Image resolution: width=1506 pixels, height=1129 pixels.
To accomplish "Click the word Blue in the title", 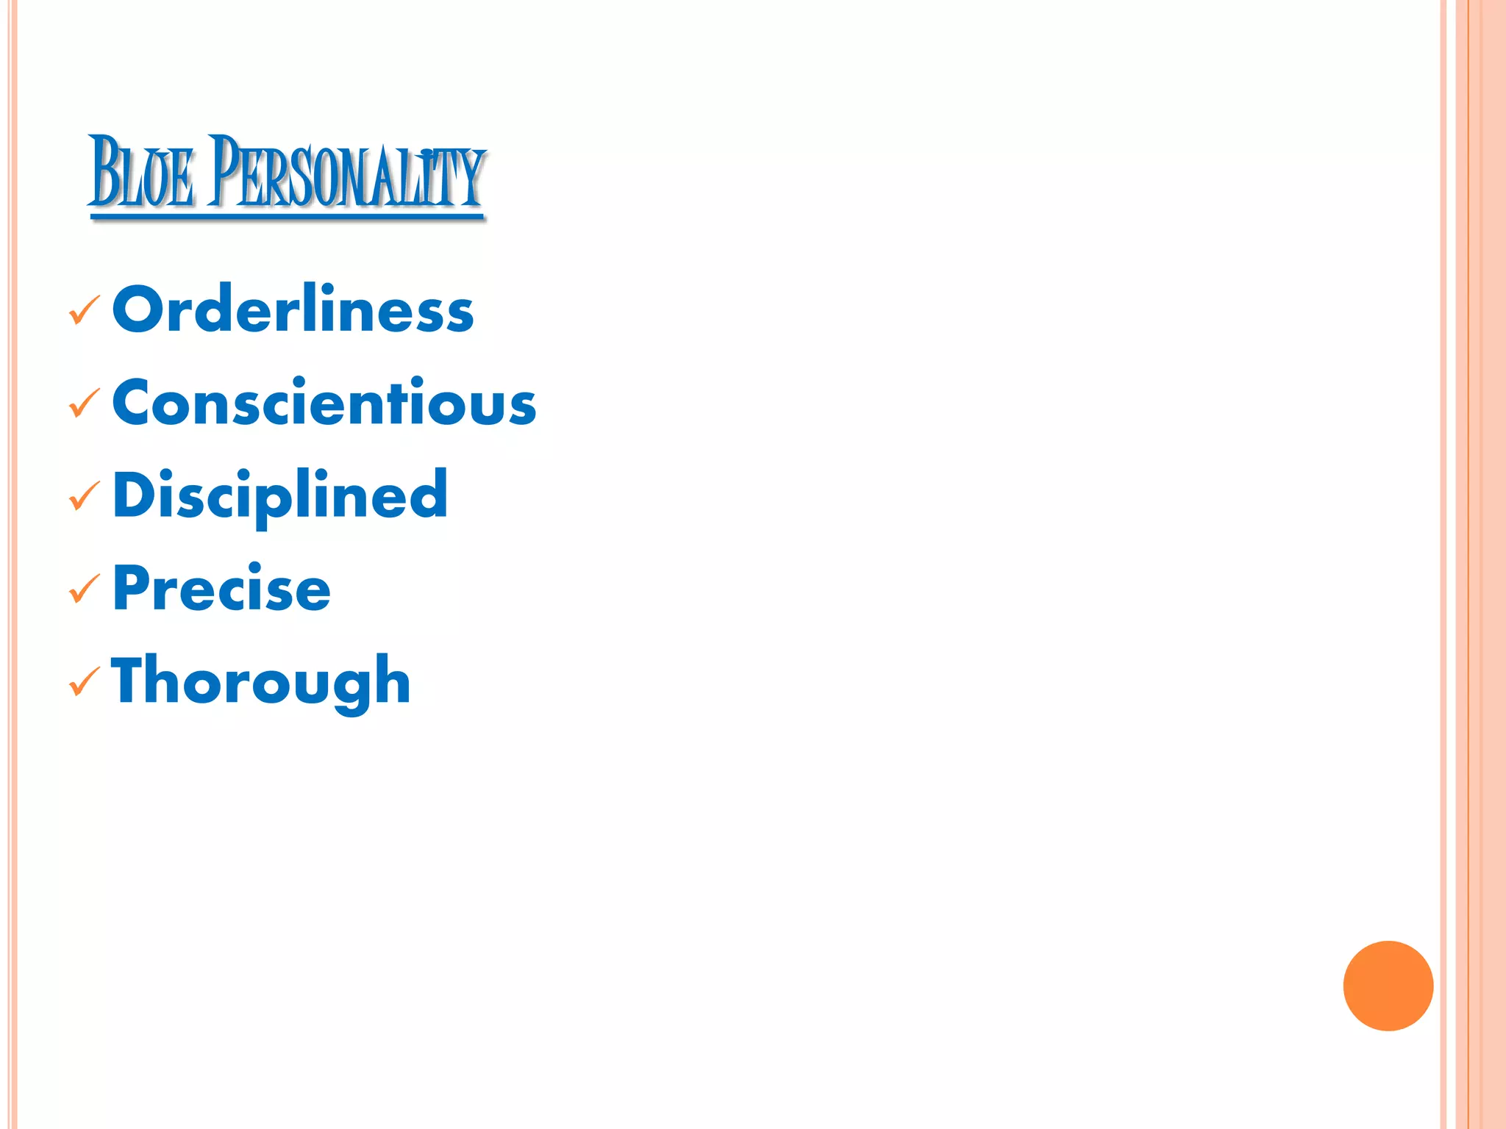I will tap(142, 173).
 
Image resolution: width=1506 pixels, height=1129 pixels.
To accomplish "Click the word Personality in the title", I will tap(346, 173).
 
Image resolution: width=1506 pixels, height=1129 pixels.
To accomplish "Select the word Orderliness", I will tap(293, 309).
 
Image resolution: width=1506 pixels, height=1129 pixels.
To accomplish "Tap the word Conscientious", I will tap(324, 402).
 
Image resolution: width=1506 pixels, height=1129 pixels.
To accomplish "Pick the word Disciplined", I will tap(280, 495).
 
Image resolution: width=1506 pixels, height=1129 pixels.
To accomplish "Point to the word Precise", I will tap(221, 588).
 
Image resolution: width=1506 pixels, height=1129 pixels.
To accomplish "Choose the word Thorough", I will tap(261, 681).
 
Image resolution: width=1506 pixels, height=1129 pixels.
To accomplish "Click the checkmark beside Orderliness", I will tap(84, 310).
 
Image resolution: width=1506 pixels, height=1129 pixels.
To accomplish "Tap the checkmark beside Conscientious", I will tap(84, 403).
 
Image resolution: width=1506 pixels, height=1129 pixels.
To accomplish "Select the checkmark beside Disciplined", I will tap(84, 496).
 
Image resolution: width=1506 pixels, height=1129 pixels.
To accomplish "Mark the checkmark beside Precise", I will tap(84, 589).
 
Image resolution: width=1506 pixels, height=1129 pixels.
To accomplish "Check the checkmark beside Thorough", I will tap(84, 681).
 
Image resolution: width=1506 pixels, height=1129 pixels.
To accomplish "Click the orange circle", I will tap(1388, 986).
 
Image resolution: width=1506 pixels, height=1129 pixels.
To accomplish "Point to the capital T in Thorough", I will tap(132, 680).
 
